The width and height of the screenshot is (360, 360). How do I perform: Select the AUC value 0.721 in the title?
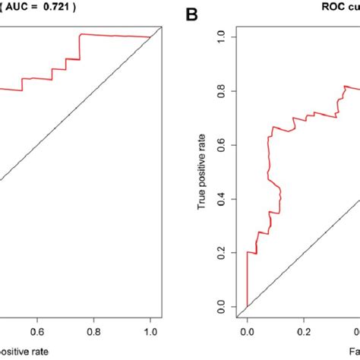(64, 9)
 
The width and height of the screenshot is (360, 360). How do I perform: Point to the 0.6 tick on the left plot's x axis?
(36, 330)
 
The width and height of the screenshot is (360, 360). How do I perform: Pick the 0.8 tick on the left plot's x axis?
(93, 330)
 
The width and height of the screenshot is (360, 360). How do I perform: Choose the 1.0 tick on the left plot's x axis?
(151, 330)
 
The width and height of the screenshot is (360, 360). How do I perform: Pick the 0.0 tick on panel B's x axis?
(247, 331)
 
